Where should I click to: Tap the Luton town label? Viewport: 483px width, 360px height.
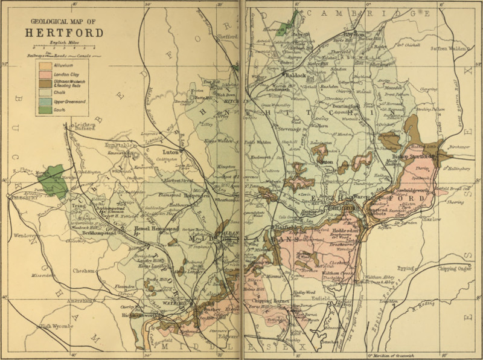point(171,153)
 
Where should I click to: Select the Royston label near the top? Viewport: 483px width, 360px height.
point(354,35)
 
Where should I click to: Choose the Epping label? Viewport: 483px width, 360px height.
point(406,268)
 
